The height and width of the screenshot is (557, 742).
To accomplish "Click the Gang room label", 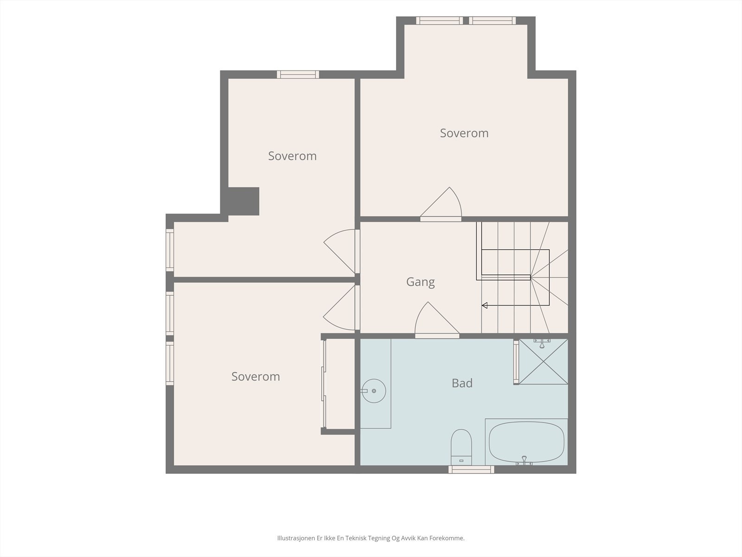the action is pos(420,282).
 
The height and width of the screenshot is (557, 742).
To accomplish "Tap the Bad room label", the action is pos(462,383).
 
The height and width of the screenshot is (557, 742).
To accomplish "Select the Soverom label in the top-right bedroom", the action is pos(464,133).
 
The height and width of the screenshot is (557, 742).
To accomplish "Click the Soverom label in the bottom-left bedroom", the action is pos(256,376).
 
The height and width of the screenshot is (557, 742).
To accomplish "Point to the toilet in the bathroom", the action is pos(461,447).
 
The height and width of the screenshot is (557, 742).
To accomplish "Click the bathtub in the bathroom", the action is pos(526,442).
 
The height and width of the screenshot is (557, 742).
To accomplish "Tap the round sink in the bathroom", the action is pos(374,391).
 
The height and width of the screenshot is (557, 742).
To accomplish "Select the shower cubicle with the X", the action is pos(543,362).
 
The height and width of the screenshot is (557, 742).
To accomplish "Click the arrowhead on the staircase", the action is pos(485,305).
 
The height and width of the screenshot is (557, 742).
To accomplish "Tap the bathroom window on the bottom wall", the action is pos(471,469).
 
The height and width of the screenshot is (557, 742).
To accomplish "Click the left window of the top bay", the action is pos(440,20).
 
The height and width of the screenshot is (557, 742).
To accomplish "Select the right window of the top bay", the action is pos(492,20).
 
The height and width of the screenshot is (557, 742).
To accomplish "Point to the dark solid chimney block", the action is pos(243,201).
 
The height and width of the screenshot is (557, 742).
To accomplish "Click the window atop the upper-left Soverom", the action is pos(298,74).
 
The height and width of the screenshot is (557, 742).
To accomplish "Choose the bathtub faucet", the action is pos(524,460).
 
